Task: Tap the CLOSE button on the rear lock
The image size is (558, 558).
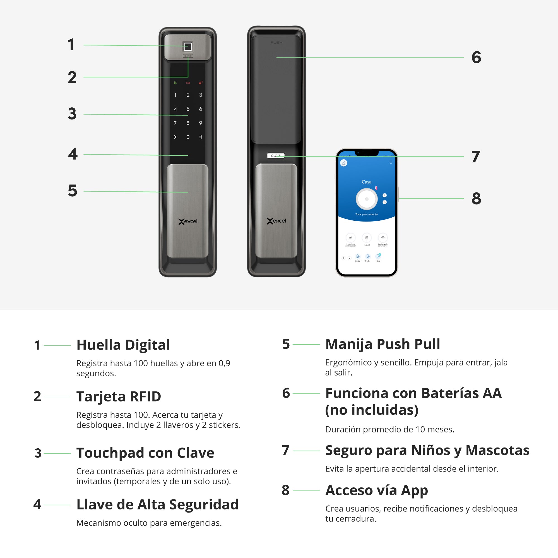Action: (x=276, y=156)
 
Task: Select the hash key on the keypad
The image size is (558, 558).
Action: (x=200, y=137)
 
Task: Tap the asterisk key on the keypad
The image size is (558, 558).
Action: (x=175, y=137)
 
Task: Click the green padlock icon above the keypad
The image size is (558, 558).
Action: (x=175, y=83)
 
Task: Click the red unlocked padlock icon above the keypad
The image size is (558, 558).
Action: (x=200, y=83)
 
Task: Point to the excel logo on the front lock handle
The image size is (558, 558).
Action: (x=188, y=222)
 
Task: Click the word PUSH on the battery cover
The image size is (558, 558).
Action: (x=276, y=43)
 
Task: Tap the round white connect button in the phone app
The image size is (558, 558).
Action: (x=367, y=199)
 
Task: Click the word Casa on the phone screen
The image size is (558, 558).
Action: (x=367, y=182)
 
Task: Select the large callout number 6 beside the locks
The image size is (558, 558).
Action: (x=476, y=57)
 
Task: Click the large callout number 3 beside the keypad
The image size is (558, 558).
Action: (x=72, y=114)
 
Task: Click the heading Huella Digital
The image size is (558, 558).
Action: (x=123, y=345)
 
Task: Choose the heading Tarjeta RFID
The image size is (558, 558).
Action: (x=118, y=396)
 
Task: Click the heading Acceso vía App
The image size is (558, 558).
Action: (x=376, y=490)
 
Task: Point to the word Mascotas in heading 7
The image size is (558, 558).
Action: (x=497, y=450)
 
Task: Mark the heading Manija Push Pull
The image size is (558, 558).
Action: (x=383, y=344)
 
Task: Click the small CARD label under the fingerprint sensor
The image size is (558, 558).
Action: (x=188, y=56)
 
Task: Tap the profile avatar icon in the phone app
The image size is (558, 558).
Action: (x=344, y=163)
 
